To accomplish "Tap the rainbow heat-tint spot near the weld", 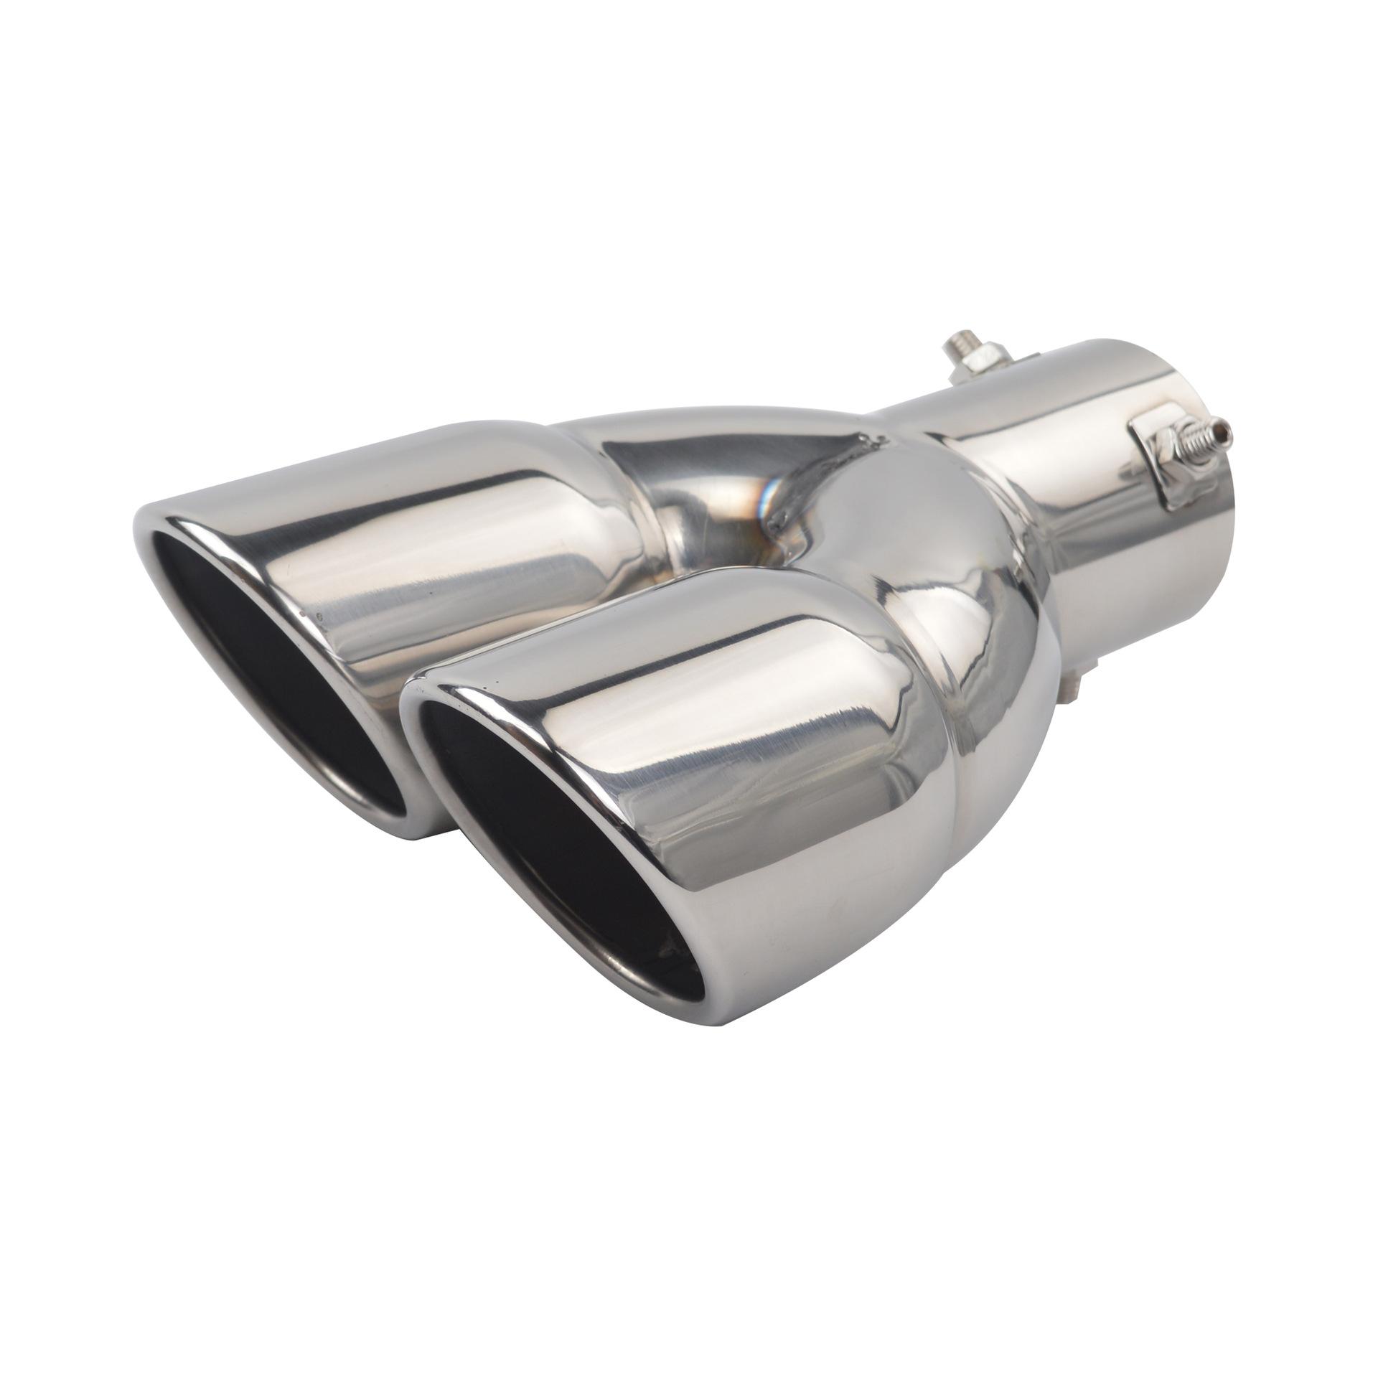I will pyautogui.click(x=770, y=495).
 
